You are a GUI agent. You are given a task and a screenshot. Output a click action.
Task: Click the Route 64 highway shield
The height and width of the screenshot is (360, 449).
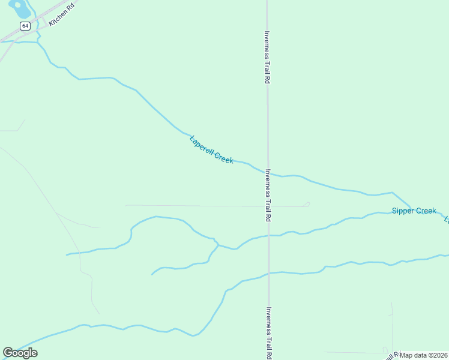tap(25, 26)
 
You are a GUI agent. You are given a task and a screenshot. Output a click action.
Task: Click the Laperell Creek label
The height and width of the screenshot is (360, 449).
tap(211, 150)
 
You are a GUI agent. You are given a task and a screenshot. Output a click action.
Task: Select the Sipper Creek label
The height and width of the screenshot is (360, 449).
tap(414, 211)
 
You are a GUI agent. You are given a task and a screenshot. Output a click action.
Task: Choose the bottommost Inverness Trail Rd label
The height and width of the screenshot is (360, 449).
tap(268, 334)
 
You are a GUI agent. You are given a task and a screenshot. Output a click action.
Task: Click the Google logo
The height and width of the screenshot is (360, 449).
tap(20, 353)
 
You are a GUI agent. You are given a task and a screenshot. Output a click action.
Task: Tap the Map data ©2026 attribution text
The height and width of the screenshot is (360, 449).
tap(424, 355)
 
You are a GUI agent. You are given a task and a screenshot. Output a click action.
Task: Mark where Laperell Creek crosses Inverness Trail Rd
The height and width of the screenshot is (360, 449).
tap(268, 173)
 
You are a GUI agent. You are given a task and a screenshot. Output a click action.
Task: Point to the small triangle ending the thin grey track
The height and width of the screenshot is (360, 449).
tap(306, 205)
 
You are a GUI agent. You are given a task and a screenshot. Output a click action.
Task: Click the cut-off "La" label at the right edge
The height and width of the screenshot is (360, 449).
tap(446, 220)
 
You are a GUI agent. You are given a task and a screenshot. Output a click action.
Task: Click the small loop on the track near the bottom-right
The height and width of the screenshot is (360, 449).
tap(385, 350)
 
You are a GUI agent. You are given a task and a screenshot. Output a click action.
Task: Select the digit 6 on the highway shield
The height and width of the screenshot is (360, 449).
tap(23, 26)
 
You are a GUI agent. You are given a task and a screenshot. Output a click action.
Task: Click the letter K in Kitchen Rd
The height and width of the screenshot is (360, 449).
tap(51, 22)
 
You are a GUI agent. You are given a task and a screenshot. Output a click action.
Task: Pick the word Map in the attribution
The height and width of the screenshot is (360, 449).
tap(407, 355)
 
